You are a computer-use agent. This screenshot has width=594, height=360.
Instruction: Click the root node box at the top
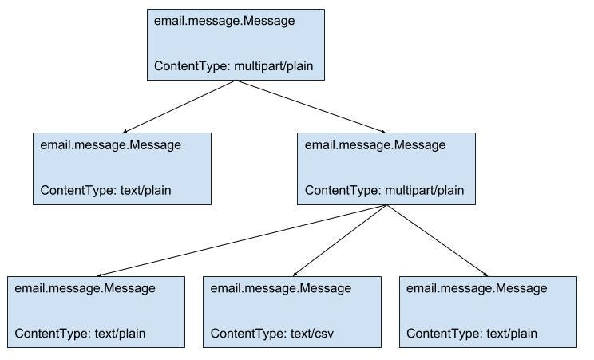(236, 45)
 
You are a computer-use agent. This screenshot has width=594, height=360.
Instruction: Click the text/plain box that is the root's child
(121, 168)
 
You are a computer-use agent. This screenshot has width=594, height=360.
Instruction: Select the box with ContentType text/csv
(291, 311)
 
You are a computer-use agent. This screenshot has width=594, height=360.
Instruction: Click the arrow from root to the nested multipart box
(311, 106)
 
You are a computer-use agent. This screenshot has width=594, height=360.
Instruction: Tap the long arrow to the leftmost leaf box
(240, 239)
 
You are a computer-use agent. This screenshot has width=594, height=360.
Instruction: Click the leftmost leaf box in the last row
(96, 311)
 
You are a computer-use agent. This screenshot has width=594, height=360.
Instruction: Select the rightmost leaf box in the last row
(488, 311)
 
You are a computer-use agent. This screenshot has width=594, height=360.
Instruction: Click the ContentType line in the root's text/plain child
(106, 191)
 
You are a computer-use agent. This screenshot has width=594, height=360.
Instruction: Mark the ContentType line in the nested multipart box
(384, 191)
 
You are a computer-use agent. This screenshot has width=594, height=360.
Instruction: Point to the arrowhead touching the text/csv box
(295, 272)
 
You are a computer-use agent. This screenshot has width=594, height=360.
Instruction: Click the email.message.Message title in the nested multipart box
(375, 145)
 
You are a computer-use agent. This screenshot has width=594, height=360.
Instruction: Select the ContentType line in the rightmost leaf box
(472, 334)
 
